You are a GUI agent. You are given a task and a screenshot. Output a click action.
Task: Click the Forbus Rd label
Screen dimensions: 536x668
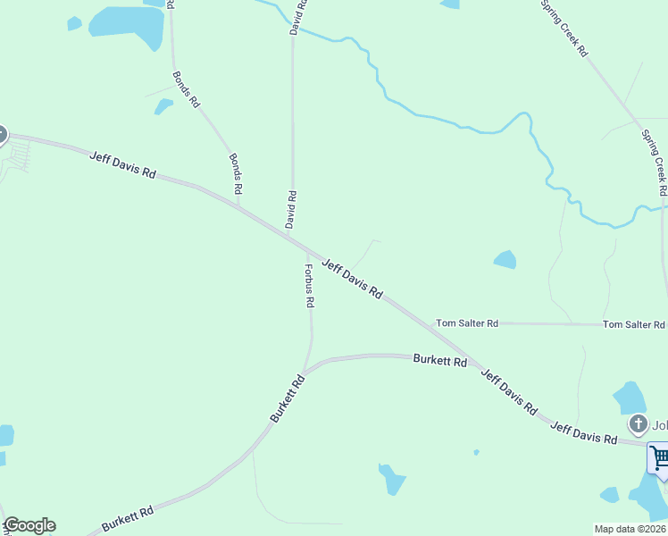pyautogui.click(x=309, y=286)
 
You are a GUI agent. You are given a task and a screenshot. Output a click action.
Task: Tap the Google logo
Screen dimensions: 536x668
pyautogui.click(x=29, y=525)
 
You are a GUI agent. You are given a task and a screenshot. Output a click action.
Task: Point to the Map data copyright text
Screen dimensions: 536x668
pyautogui.click(x=630, y=529)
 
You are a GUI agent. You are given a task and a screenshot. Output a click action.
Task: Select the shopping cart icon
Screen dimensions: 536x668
pyautogui.click(x=659, y=458)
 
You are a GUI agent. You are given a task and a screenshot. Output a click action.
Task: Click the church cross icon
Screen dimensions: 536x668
pyautogui.click(x=638, y=423)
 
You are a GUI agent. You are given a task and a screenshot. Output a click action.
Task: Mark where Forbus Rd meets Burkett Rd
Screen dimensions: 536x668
pyautogui.click(x=305, y=369)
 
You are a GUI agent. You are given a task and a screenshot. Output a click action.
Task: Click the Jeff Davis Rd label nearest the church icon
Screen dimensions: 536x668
pyautogui.click(x=583, y=433)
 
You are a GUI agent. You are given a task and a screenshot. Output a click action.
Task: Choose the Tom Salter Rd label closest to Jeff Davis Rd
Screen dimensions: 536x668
pyautogui.click(x=466, y=322)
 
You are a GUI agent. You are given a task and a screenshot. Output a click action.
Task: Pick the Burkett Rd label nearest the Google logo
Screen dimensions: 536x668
pyautogui.click(x=127, y=517)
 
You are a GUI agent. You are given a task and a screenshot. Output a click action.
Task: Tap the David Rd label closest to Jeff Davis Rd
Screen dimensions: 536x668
pyautogui.click(x=291, y=209)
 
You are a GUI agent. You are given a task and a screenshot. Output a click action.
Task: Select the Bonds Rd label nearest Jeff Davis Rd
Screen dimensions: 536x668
pyautogui.click(x=236, y=174)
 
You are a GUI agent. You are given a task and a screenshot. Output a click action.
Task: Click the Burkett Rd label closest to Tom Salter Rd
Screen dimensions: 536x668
pyautogui.click(x=440, y=361)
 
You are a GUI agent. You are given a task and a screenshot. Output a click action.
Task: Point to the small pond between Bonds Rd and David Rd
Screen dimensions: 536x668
pyautogui.click(x=163, y=106)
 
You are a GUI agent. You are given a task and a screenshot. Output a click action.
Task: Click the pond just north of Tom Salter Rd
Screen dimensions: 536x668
pyautogui.click(x=505, y=259)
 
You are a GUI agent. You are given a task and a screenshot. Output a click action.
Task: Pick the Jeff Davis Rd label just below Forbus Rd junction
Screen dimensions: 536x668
pyautogui.click(x=353, y=279)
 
